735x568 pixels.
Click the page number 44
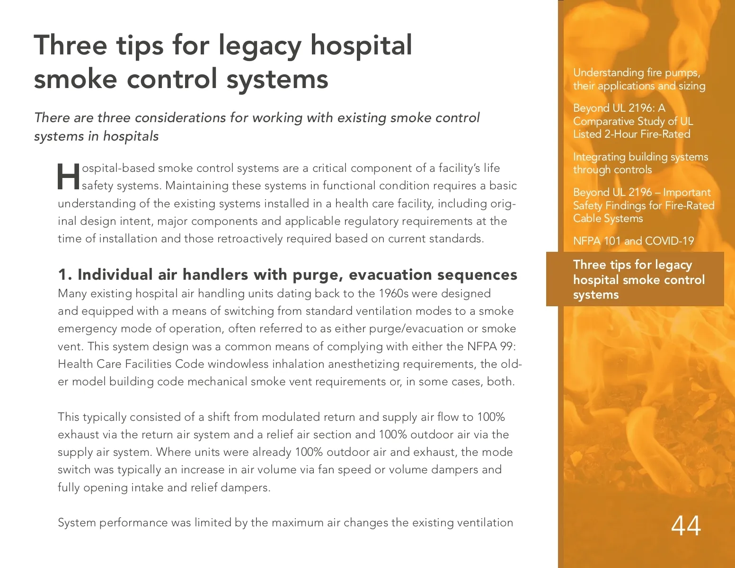pos(686,525)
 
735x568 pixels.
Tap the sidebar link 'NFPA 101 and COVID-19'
pos(633,241)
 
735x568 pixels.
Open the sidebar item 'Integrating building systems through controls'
pos(640,163)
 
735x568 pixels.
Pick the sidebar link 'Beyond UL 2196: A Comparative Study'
pos(633,121)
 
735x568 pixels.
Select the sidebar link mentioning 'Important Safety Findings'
pos(643,205)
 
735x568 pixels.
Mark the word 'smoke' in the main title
pos(75,79)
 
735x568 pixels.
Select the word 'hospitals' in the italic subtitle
pos(131,136)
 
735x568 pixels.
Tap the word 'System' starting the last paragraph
pos(75,523)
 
